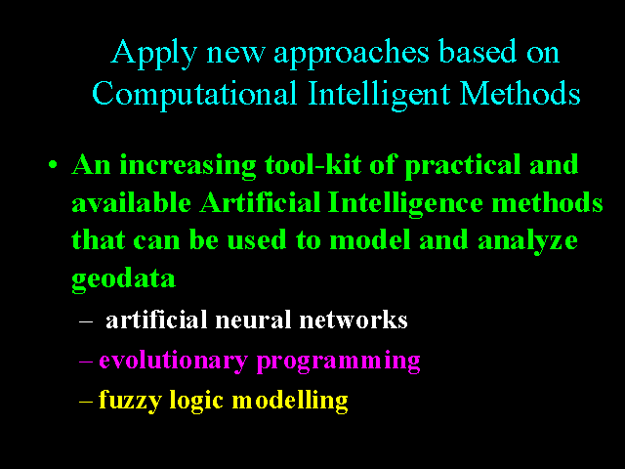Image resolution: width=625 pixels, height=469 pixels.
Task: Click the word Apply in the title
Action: coord(154,54)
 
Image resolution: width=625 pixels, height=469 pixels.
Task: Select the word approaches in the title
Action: coord(352,54)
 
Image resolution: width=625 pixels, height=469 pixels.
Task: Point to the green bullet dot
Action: coord(53,164)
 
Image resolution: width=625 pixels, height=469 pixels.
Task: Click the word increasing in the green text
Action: coord(187,164)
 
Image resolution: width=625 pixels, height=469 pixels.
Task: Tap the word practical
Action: coord(463,165)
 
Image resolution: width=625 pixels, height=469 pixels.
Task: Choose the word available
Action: coord(132,202)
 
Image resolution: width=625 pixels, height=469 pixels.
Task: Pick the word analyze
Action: coord(527,241)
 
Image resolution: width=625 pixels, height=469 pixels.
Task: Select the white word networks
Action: coord(354,320)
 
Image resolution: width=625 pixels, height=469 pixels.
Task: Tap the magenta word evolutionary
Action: coord(174,362)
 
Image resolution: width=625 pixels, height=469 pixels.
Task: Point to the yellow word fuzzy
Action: coord(130,401)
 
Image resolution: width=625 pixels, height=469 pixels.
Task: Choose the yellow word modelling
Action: coord(290,401)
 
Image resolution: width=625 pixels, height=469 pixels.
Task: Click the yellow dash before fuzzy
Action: coord(86,402)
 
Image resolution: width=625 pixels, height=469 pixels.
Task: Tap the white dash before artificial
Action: coord(86,321)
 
